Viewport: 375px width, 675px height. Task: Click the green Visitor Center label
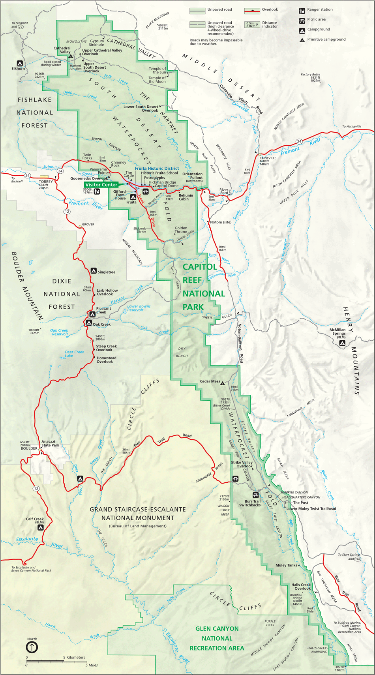coord(101,185)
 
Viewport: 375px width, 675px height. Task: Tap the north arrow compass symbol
coord(32,647)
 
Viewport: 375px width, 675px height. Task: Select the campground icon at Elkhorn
coord(19,63)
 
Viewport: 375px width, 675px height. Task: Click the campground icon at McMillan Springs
coord(342,343)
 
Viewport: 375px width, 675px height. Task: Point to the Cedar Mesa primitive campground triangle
coord(223,383)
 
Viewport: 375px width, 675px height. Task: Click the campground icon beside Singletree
coord(94,271)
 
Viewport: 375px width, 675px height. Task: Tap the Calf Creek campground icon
coord(40,527)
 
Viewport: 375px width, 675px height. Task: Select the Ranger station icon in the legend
coord(302,11)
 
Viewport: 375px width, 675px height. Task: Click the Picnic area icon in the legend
coord(302,20)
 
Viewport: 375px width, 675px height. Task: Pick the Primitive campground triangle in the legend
coord(302,40)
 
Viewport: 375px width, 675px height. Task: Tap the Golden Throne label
coord(181,230)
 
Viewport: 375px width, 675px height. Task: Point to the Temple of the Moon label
coord(157,80)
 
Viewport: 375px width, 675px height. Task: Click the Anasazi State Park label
coord(50,443)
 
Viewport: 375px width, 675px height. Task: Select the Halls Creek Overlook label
coord(301,587)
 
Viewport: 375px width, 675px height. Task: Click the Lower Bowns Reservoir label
coord(139,308)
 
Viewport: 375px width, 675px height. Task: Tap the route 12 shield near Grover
coord(67,212)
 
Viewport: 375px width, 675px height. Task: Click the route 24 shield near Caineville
coord(299,141)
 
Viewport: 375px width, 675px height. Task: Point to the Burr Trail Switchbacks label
coord(250,503)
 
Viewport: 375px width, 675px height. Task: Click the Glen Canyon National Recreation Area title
coord(217,638)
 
